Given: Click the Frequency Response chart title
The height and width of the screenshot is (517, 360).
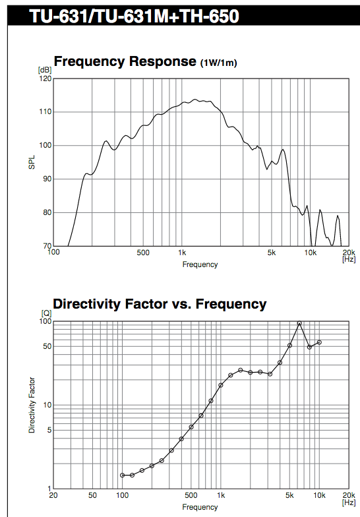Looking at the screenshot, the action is point(125,61).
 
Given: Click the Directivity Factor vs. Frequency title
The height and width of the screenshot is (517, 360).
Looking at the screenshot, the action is point(160,304).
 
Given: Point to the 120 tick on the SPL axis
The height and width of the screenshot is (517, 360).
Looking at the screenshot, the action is point(45,78).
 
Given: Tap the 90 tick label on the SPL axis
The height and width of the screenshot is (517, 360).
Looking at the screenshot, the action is point(47,179).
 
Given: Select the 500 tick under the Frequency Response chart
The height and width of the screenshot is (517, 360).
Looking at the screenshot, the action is point(142,253).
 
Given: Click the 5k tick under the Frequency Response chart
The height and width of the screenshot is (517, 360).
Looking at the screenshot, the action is point(272,253).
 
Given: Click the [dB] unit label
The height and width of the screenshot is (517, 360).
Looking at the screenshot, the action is point(45,70).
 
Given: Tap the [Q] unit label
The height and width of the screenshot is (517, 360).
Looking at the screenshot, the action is point(46,313).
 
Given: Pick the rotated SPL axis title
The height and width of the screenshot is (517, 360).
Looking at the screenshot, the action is point(32,162).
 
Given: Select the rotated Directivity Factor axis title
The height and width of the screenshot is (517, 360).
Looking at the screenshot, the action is point(32,405).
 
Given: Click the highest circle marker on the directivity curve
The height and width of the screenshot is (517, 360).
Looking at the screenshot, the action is point(299,323).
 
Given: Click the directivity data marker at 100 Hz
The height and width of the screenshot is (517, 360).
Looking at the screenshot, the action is point(123,475).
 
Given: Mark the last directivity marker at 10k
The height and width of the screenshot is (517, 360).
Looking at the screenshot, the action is point(319,342).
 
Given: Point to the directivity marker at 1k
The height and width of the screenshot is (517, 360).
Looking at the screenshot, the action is point(221,385).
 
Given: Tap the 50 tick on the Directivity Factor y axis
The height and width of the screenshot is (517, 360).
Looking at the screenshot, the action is point(47,346).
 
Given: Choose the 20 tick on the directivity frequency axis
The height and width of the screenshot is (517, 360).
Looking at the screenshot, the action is point(53,495).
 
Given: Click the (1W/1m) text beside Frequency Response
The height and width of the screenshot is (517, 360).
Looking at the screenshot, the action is point(219,63).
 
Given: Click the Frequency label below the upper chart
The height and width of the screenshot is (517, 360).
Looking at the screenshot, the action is point(200,264).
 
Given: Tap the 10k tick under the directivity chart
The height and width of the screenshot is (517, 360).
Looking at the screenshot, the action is point(319,495).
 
